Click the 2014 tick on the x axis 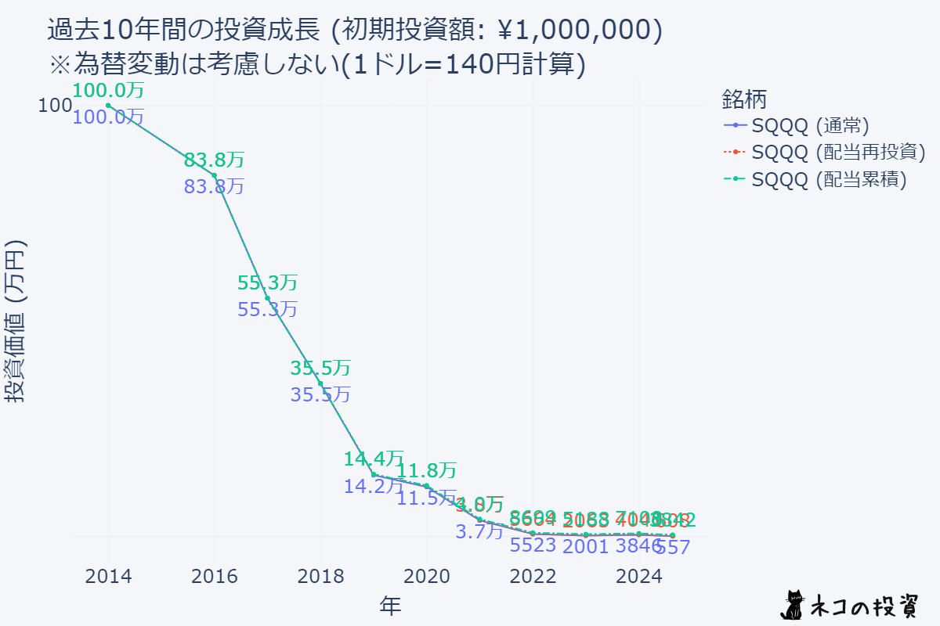pos(108,577)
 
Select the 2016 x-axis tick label pos(215,577)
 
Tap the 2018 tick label pos(320,577)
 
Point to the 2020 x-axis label pos(426,577)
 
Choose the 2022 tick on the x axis pos(533,577)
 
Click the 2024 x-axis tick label pos(638,577)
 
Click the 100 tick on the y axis pos(55,106)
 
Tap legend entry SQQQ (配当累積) pos(829,179)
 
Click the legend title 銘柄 pos(743,99)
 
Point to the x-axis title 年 pos(391,604)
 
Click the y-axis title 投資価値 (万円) pos(17,321)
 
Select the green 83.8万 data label pos(214,160)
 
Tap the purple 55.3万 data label pos(267,309)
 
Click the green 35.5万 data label pos(320,368)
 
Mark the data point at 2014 pos(108,106)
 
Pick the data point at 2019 pos(374,474)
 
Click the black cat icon pos(794,603)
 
